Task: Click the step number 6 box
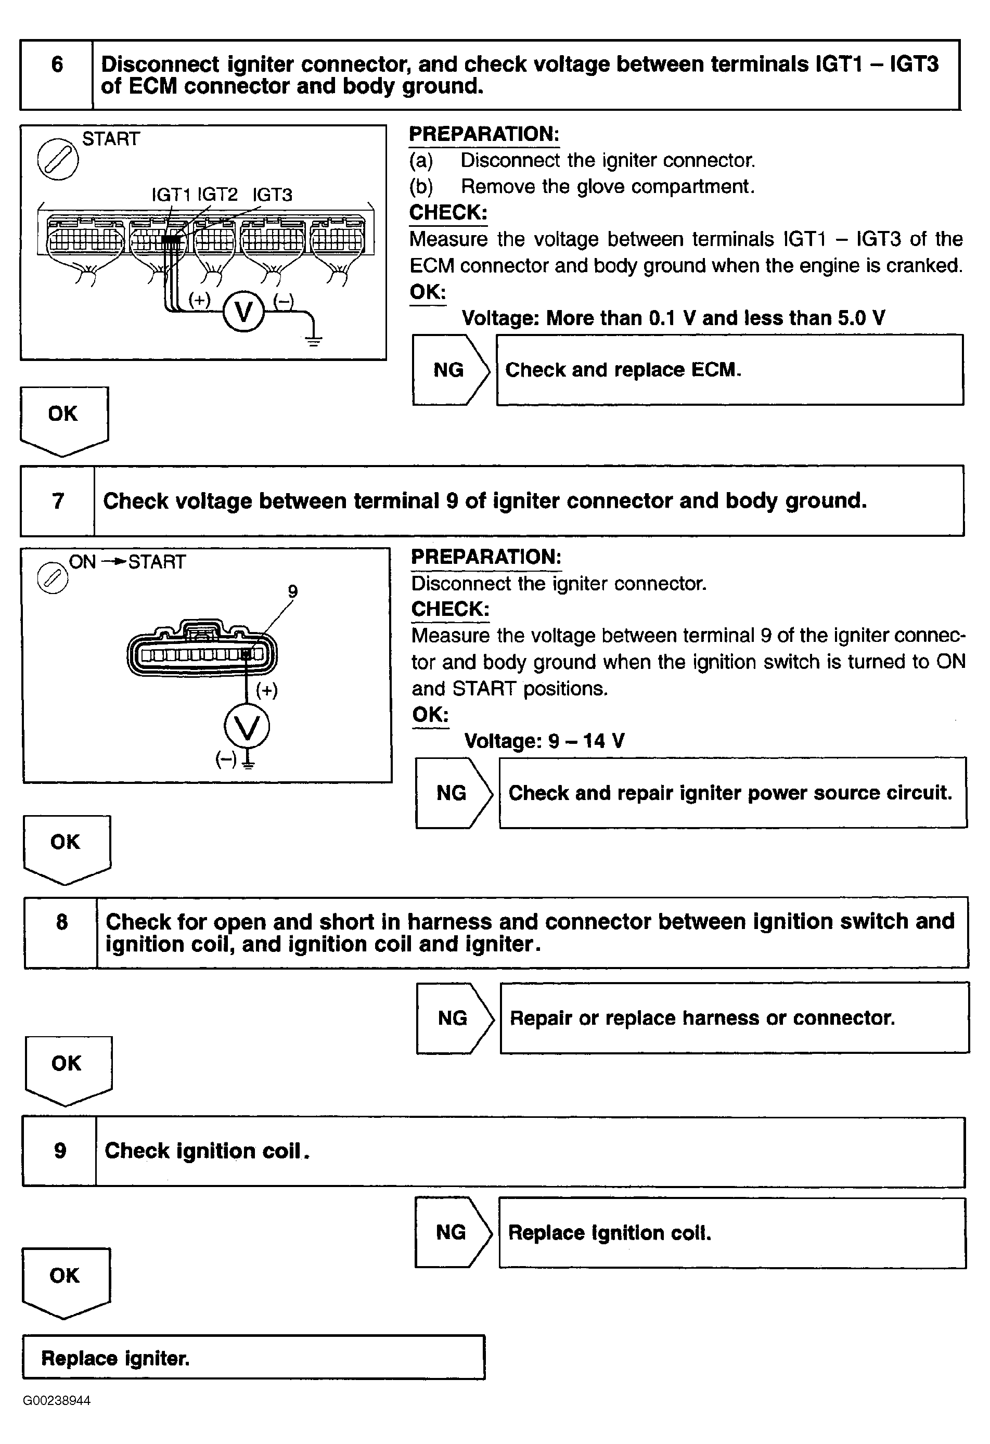point(57,75)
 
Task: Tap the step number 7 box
point(58,501)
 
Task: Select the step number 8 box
point(61,933)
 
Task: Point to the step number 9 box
point(60,1151)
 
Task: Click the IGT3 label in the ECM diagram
point(272,195)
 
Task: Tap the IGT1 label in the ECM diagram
point(171,195)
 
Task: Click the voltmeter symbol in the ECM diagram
point(243,311)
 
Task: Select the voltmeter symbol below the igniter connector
point(247,727)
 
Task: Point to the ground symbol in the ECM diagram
point(313,339)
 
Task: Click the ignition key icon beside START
point(58,159)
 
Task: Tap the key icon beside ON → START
point(53,578)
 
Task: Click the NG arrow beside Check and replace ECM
point(451,370)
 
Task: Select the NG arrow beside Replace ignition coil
point(453,1233)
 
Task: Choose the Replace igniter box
point(253,1358)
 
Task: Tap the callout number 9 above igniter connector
point(293,591)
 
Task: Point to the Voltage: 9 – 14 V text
point(544,741)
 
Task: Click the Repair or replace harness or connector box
point(735,1018)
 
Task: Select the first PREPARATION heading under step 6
point(484,134)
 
